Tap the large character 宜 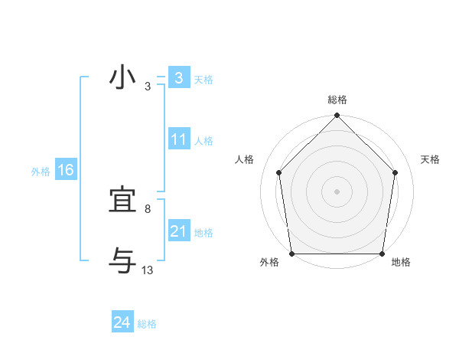pos(123,201)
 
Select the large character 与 pos(123,261)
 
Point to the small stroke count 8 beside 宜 pos(148,208)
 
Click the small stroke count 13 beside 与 pos(148,270)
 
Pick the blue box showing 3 pos(178,78)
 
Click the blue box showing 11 pos(178,139)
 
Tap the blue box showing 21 pos(178,231)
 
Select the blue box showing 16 pos(65,170)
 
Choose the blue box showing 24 pos(122,322)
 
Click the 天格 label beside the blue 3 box pos(203,80)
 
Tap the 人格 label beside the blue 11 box pos(203,141)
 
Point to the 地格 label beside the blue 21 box pos(203,233)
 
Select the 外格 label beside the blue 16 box pos(41,172)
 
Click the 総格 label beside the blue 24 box pos(147,324)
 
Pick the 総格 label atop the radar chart pos(337,100)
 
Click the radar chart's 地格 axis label pos(401,262)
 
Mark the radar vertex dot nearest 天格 pos(395,172)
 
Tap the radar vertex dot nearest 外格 pos(292,254)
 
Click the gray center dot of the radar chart pos(337,191)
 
